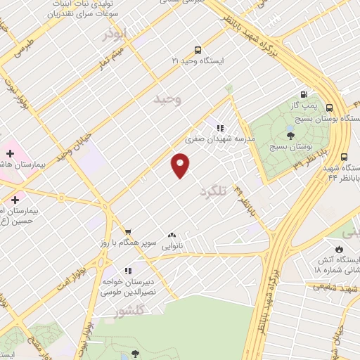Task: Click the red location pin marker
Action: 181,165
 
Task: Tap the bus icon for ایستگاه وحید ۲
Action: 198,50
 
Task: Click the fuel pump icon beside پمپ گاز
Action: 304,95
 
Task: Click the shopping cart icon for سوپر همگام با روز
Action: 128,231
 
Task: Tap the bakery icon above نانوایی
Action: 172,236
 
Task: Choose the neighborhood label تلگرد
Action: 215,191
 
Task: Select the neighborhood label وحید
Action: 167,100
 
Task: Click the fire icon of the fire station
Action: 340,249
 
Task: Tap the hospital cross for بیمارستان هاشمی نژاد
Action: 10,153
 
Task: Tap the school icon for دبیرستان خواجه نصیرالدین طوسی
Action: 127,271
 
